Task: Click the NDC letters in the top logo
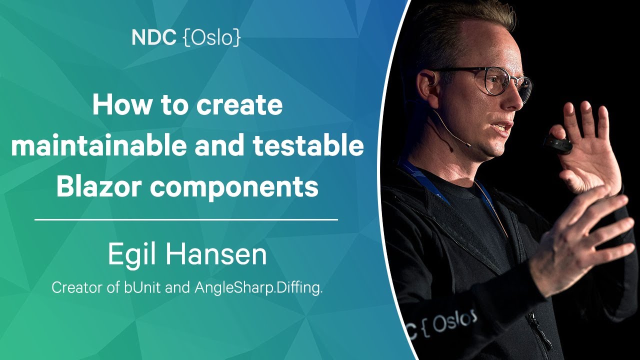pos(153,37)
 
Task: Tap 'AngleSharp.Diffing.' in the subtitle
pos(258,288)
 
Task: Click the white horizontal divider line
pos(186,219)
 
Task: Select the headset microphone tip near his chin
pos(467,145)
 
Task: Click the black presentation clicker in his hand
pos(557,145)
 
